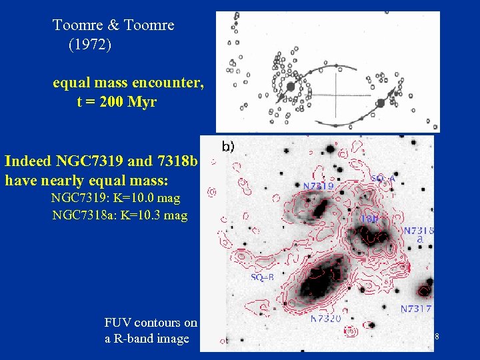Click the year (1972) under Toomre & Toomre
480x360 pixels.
tap(89, 45)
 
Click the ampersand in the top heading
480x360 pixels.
tap(113, 25)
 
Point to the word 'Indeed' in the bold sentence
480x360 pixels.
tap(29, 161)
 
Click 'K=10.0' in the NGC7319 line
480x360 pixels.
tap(129, 198)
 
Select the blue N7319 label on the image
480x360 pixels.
tap(317, 186)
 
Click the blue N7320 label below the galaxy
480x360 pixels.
tap(327, 319)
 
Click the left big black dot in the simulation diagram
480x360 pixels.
tap(291, 86)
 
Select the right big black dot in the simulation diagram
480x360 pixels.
tap(380, 103)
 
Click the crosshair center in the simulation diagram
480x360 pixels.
tap(334, 94)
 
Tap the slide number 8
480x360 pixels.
tap(436, 337)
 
